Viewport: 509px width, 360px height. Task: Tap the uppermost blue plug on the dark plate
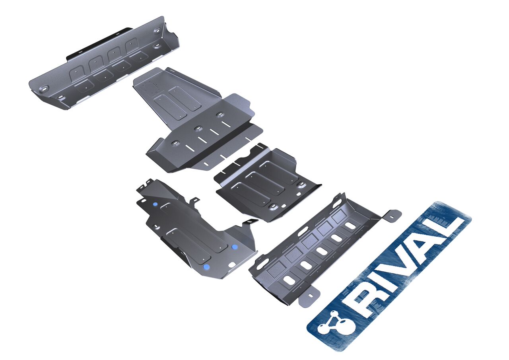click(x=155, y=204)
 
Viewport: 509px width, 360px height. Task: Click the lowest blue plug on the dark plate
click(x=206, y=267)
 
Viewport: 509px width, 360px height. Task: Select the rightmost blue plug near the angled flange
click(x=234, y=247)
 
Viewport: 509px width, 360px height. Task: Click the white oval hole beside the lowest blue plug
click(x=232, y=265)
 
